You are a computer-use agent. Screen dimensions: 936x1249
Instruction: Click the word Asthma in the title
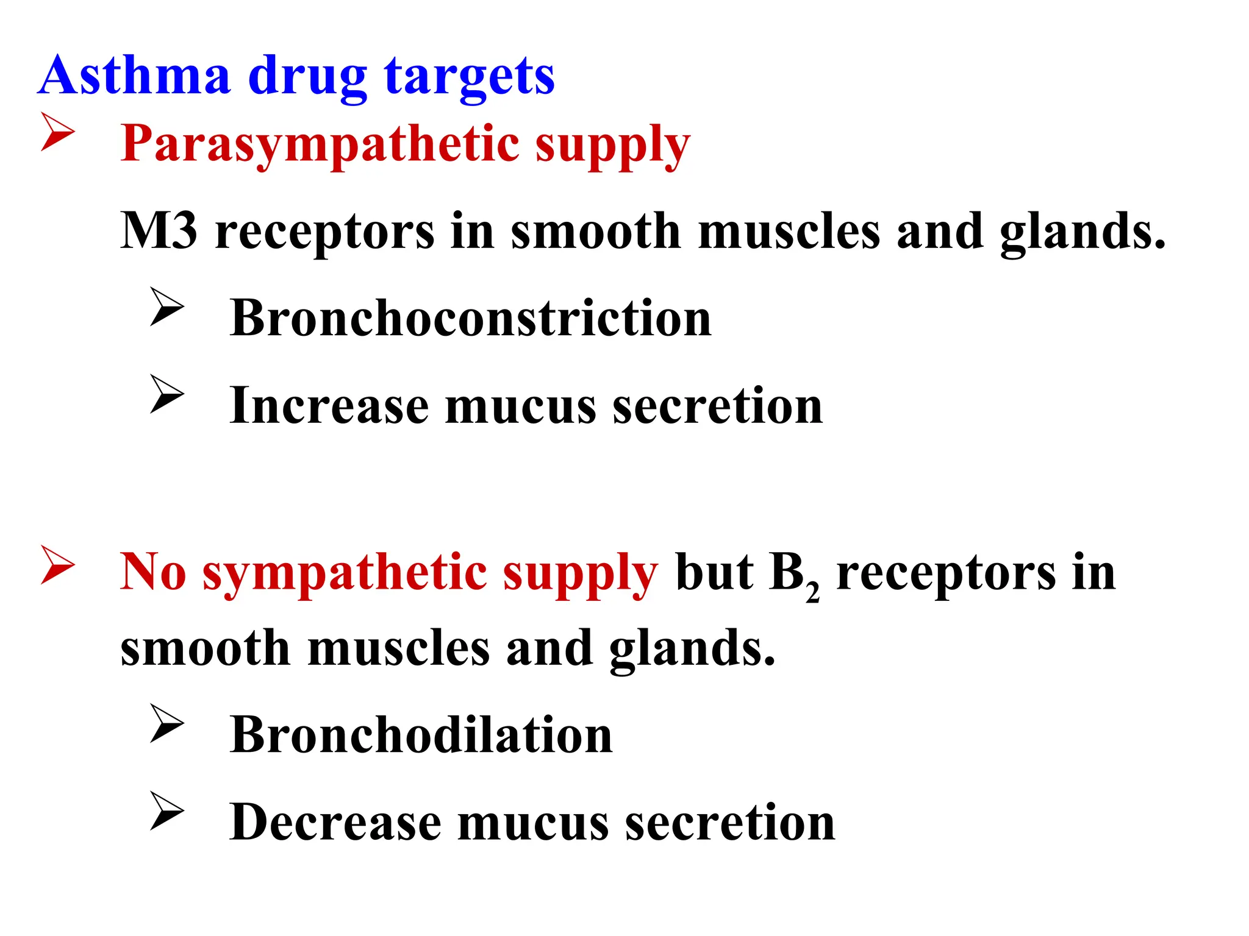[x=134, y=76]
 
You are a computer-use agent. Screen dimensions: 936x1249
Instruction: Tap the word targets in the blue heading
[x=469, y=77]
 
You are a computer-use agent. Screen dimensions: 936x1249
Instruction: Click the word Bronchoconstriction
[x=470, y=318]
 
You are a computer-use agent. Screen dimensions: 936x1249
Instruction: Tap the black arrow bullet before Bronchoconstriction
[x=166, y=307]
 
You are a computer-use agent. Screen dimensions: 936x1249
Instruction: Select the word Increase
[x=329, y=406]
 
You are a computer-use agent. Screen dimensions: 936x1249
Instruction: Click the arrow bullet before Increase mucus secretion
[x=166, y=394]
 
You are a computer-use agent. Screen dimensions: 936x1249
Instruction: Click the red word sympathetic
[x=345, y=573]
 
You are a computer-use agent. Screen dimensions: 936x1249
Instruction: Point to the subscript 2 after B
[x=812, y=592]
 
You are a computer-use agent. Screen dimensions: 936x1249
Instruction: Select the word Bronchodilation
[x=421, y=735]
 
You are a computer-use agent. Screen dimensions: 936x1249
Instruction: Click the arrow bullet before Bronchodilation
[x=166, y=723]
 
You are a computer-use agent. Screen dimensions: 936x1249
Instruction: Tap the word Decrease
[x=335, y=822]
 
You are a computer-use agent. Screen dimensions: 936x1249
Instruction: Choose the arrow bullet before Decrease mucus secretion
[x=166, y=810]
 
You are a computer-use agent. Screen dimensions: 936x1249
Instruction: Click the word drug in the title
[x=307, y=77]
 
